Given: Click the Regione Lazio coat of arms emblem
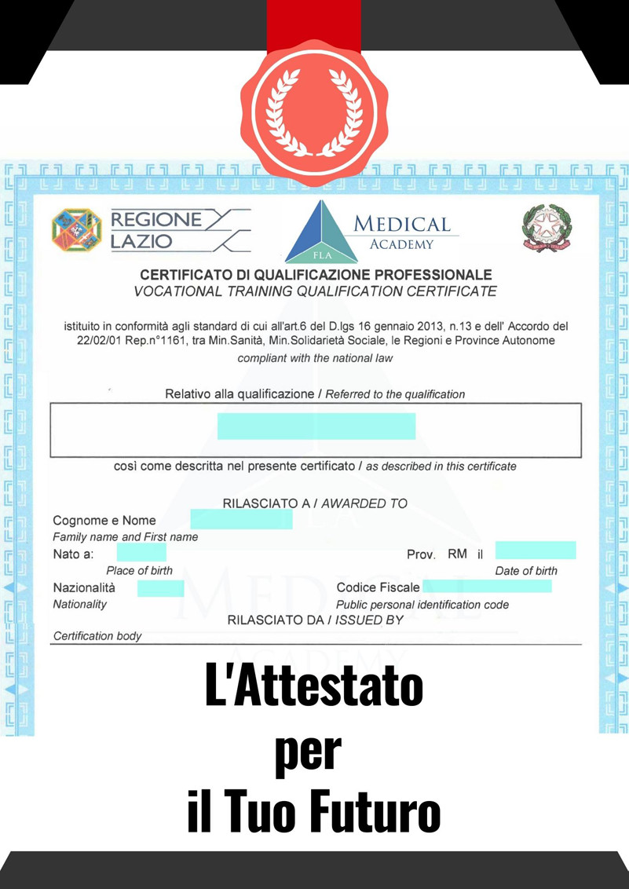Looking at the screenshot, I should coord(77,229).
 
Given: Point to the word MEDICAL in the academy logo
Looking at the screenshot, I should coord(402,224).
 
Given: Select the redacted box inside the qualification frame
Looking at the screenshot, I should coord(316,426).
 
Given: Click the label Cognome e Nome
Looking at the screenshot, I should coord(104,521).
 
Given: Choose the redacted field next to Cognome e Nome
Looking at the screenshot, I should coord(241,519).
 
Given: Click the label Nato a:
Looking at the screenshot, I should coord(74,554).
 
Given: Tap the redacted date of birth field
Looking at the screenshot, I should coord(535,550).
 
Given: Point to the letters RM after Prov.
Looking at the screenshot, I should coord(458,554).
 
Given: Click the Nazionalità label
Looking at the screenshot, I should coord(84,587).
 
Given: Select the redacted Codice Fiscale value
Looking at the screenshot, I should coord(487,587).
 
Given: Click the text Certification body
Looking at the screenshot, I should coord(97,636).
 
